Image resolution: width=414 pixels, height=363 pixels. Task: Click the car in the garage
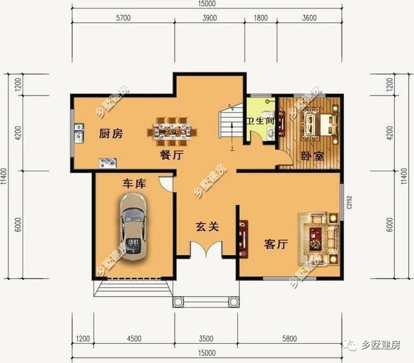133,227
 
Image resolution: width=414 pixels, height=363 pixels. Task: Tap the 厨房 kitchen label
111,135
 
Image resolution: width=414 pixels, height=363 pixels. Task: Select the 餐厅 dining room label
173,156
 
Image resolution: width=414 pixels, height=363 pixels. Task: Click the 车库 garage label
135,184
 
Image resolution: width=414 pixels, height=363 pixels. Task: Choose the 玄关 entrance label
208,227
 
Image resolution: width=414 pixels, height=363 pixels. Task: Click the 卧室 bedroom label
312,156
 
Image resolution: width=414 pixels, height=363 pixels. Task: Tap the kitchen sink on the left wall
78,134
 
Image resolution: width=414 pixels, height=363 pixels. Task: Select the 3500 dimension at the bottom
205,338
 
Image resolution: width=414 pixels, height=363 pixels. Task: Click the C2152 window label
349,202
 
